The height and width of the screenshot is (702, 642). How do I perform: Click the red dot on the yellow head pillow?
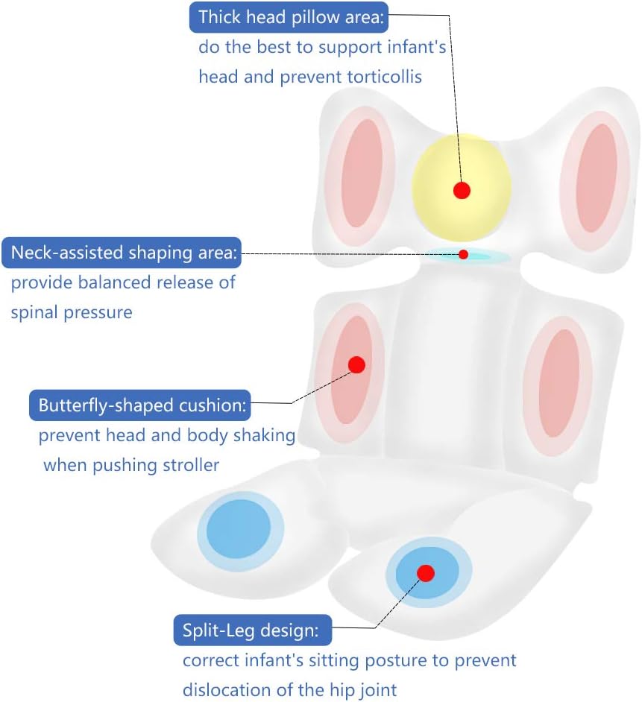click(x=462, y=190)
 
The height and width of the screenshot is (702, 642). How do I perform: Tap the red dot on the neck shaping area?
click(x=463, y=255)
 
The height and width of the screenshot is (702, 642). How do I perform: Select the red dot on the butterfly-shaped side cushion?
click(x=356, y=365)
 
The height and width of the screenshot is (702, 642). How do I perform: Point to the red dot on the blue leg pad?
click(x=426, y=573)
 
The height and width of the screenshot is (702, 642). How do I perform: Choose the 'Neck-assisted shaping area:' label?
click(x=122, y=253)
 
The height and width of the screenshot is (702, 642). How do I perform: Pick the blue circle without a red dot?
click(x=239, y=529)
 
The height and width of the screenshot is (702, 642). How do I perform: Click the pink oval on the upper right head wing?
click(x=597, y=177)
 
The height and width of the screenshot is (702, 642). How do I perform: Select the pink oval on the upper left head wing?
click(x=362, y=173)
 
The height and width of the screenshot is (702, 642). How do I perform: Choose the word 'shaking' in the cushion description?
click(x=265, y=435)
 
